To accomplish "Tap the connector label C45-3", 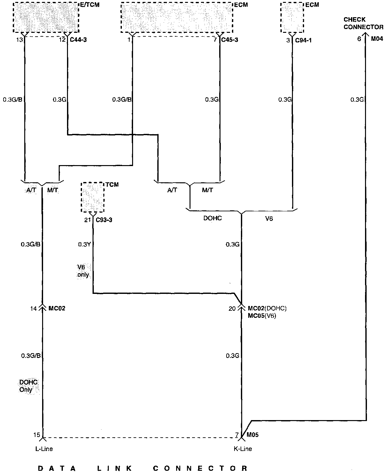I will (x=229, y=40).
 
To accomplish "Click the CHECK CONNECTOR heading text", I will (x=363, y=23).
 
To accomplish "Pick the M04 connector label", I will (x=377, y=39).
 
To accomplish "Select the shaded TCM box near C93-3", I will (x=93, y=198).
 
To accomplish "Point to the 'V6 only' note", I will (x=83, y=271).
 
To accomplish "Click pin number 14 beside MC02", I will (x=34, y=309).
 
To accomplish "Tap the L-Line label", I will (x=44, y=449).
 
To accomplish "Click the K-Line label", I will (x=243, y=449).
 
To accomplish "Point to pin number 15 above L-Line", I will (x=37, y=435).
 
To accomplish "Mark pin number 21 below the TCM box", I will (x=87, y=220).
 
